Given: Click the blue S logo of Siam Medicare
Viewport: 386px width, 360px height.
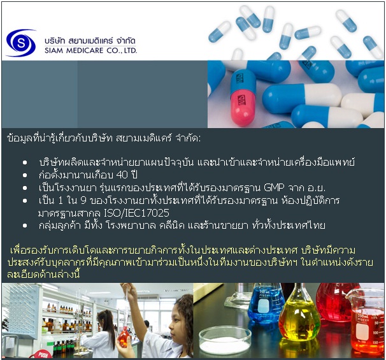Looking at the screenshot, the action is click(x=21, y=43).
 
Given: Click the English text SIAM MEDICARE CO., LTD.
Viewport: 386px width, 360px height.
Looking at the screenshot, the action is click(x=90, y=50).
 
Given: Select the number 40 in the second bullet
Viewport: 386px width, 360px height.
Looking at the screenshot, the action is click(x=122, y=175).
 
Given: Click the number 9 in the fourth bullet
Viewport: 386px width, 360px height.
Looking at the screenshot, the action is click(x=83, y=201).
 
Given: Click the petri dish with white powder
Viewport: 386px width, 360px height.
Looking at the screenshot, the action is click(x=225, y=341).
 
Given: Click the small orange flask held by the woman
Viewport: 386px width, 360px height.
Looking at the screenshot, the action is click(x=124, y=337).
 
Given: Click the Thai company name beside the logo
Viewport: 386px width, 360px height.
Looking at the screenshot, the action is click(x=90, y=40).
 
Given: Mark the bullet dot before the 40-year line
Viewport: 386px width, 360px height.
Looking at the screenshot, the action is click(x=25, y=175).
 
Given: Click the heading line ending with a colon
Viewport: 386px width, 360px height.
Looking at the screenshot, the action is click(x=104, y=138).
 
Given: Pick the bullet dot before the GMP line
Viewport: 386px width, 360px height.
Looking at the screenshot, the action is click(x=25, y=188).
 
